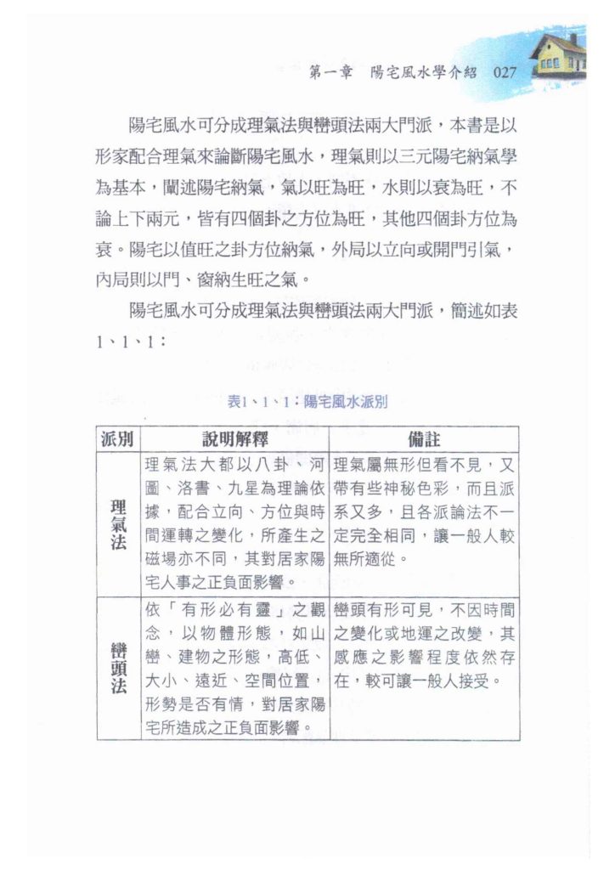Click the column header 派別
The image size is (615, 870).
click(x=118, y=439)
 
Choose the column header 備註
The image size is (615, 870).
click(x=424, y=439)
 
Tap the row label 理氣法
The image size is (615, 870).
click(x=118, y=523)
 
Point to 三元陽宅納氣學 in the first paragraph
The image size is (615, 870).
click(x=439, y=155)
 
